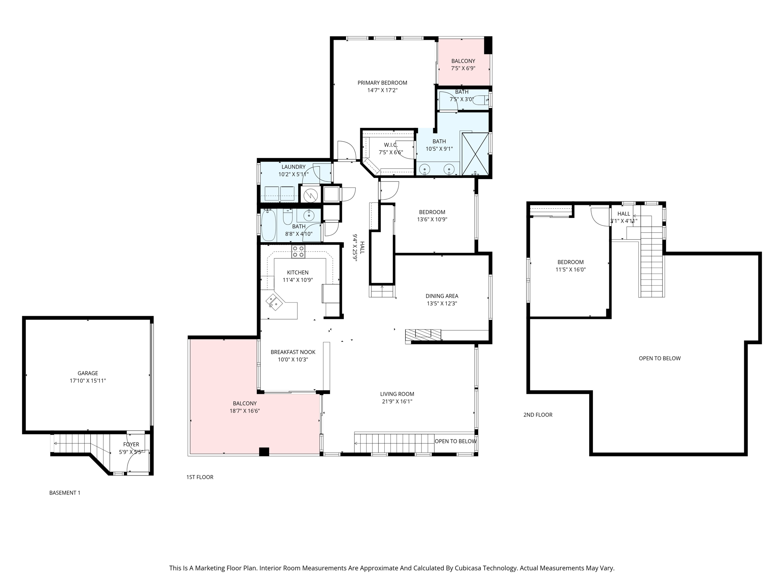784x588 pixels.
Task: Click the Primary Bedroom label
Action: tap(382, 83)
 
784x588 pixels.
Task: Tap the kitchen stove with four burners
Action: tap(298, 252)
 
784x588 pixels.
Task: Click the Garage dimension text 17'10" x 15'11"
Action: tap(88, 381)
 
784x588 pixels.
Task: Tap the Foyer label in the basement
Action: tap(131, 444)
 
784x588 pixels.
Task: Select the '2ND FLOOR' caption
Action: tap(538, 415)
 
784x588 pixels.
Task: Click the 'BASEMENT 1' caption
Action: tap(65, 493)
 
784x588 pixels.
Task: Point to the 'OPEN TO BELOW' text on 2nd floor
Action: tap(659, 358)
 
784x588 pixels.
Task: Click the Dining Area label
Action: tap(442, 296)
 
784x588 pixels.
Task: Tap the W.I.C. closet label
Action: tap(390, 145)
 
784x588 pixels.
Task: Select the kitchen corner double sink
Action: tap(274, 301)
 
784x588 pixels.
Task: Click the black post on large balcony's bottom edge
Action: tap(264, 452)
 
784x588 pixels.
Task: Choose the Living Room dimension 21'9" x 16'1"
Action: tap(397, 402)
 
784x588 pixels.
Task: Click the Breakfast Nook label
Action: tap(293, 352)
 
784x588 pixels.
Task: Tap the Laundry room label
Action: tap(293, 167)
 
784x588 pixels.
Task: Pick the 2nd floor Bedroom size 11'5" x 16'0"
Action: tap(570, 269)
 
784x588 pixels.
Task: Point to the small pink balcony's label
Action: tap(463, 61)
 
